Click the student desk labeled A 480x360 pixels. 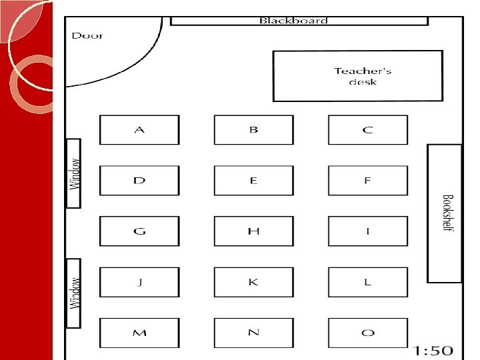[x=139, y=130]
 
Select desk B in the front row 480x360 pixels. [x=253, y=130]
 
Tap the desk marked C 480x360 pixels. [x=367, y=130]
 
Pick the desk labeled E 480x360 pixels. [x=253, y=181]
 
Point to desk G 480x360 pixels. [x=139, y=231]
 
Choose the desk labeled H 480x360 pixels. [x=253, y=231]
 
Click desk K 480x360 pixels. [x=253, y=282]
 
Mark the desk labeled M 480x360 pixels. [x=139, y=333]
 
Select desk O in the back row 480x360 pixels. [x=367, y=333]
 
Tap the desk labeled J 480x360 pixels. [x=139, y=282]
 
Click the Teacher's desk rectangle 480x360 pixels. [x=358, y=77]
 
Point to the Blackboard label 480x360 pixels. [x=293, y=21]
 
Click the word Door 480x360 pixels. [x=87, y=35]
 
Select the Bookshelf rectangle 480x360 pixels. [x=445, y=213]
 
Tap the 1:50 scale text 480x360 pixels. [x=433, y=351]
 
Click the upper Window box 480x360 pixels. [x=74, y=173]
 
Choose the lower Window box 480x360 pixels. [x=74, y=293]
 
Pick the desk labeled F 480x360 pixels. [x=367, y=181]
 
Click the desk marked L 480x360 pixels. [x=367, y=282]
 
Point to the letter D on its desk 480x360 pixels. [x=139, y=181]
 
